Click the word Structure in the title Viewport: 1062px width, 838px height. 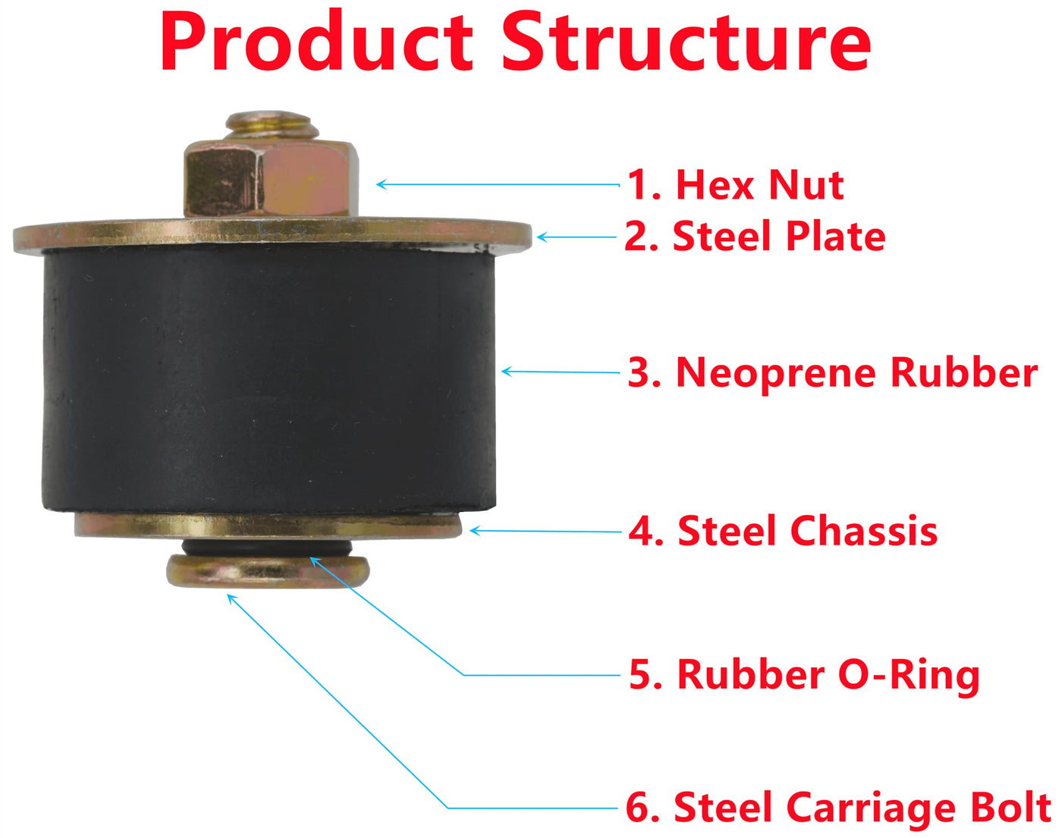coord(687,42)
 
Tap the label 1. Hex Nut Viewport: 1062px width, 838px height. coord(735,185)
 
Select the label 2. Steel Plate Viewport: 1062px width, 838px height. coord(755,236)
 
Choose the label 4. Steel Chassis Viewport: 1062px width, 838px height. coord(783,531)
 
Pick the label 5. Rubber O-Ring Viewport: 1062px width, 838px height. coord(804,676)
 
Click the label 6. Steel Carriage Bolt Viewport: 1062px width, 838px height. coord(838,808)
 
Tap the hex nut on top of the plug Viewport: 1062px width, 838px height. coord(271,179)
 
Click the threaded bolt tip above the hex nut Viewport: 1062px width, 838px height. coord(272,124)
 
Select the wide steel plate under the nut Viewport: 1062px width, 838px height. coord(272,236)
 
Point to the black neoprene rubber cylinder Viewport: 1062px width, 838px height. coord(269,380)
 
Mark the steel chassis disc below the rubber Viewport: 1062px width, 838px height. coord(269,526)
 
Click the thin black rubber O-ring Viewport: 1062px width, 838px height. coord(267,548)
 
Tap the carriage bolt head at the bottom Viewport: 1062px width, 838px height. coord(268,572)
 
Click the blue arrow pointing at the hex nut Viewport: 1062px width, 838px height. coord(498,184)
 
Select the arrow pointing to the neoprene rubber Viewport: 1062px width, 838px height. coord(561,372)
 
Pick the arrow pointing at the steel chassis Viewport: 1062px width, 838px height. coord(545,531)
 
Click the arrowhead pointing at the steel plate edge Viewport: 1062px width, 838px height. coord(542,237)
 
